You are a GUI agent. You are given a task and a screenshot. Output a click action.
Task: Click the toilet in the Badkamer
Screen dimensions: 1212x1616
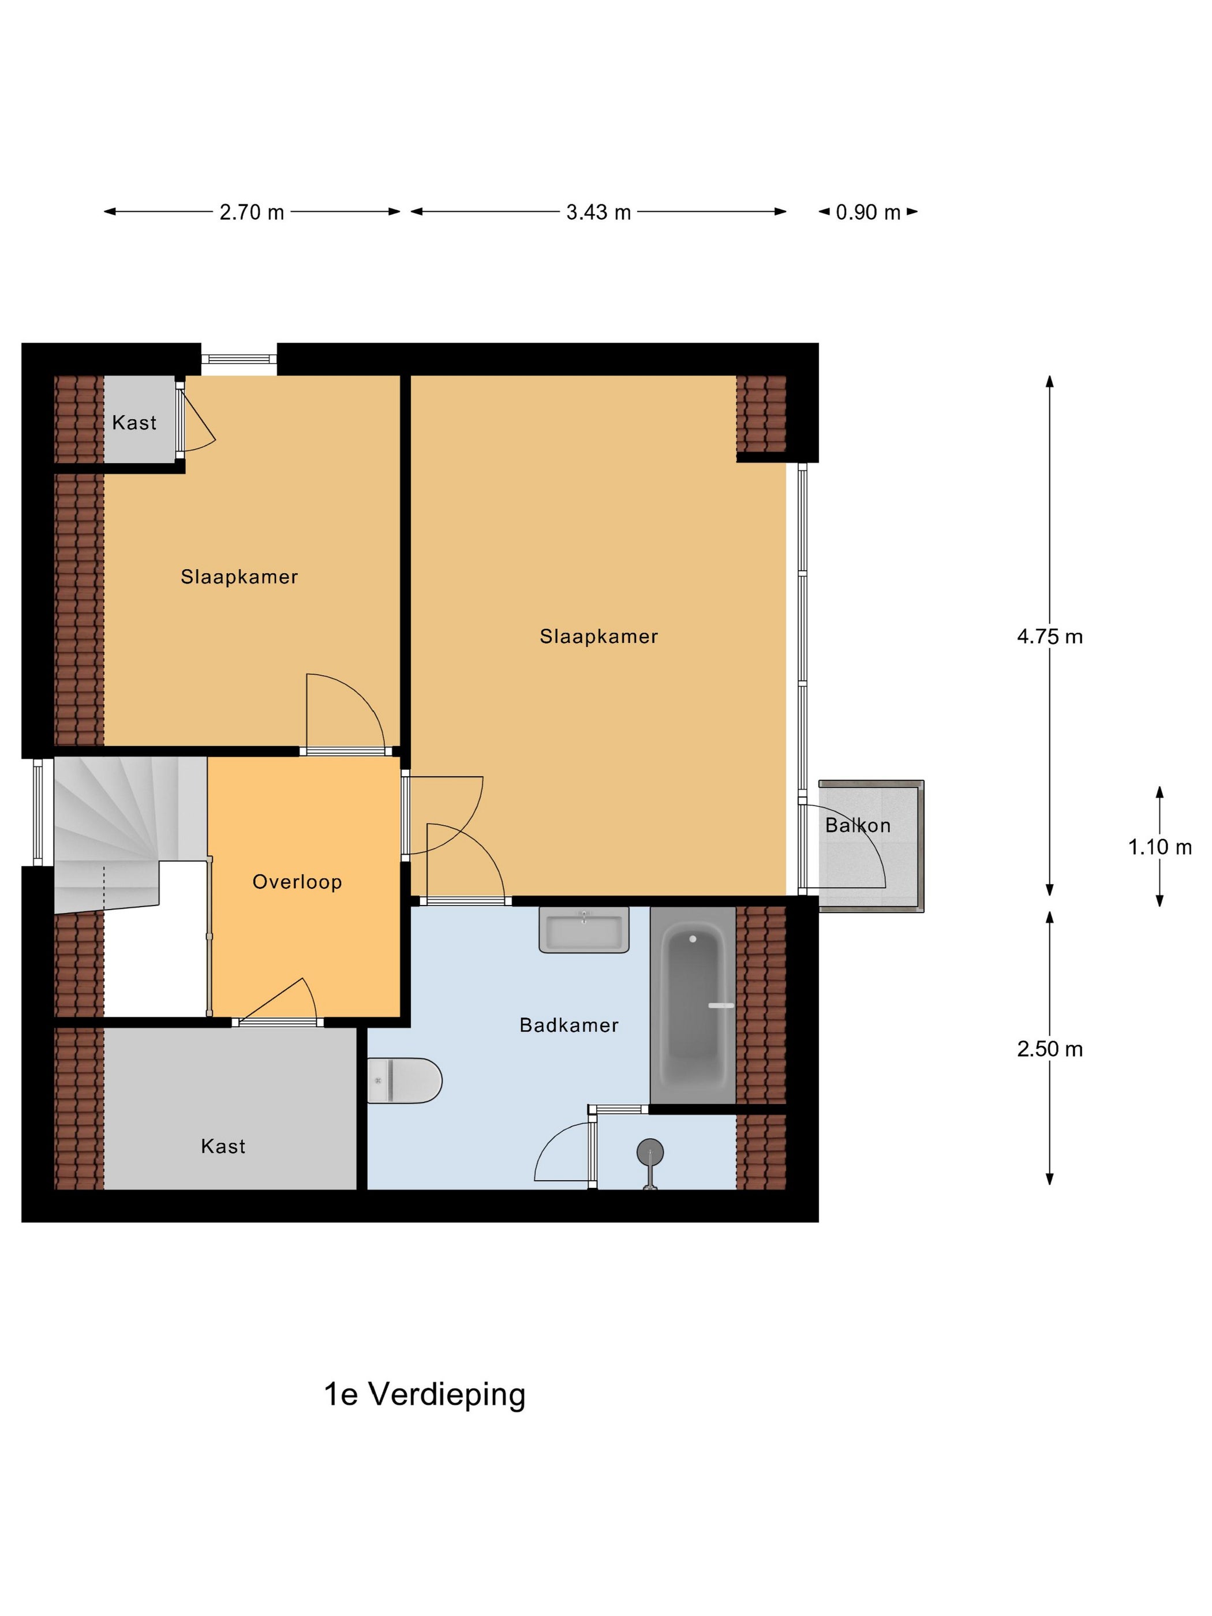(x=404, y=1080)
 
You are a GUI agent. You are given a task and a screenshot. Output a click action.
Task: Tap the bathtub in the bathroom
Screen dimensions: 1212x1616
(x=692, y=1005)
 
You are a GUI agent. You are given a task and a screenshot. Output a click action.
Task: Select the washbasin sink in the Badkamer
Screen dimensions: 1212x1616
(x=583, y=930)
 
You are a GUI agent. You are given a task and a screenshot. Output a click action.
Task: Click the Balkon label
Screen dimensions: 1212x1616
(x=858, y=825)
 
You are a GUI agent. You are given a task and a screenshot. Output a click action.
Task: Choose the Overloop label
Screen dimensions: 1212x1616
(x=297, y=882)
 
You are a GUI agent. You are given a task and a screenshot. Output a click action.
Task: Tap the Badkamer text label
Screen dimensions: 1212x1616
(x=569, y=1025)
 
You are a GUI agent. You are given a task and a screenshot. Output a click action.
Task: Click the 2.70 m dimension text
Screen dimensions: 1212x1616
(x=252, y=212)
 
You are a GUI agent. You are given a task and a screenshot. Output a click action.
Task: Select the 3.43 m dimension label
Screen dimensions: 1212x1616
(x=598, y=212)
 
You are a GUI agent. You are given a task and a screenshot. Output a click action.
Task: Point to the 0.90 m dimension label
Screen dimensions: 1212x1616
(x=868, y=212)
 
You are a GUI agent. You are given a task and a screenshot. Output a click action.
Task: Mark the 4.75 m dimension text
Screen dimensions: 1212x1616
(x=1050, y=637)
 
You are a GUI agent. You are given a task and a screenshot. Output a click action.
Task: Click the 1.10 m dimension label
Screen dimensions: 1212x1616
(x=1160, y=847)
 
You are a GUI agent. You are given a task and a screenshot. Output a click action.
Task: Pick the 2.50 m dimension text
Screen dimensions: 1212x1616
(x=1050, y=1049)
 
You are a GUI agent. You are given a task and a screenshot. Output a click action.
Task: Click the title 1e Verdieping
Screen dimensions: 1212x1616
(x=424, y=1394)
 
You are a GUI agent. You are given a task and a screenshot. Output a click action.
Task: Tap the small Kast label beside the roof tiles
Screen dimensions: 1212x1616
(x=134, y=422)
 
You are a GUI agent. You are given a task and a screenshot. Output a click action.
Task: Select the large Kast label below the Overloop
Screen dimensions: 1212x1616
(x=223, y=1146)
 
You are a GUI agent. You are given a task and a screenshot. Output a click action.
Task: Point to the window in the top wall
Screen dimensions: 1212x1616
(x=239, y=359)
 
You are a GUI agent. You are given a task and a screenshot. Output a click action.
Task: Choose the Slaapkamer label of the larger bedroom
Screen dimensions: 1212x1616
(x=599, y=637)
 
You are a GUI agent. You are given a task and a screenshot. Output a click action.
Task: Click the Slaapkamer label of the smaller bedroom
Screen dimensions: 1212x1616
(x=240, y=577)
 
